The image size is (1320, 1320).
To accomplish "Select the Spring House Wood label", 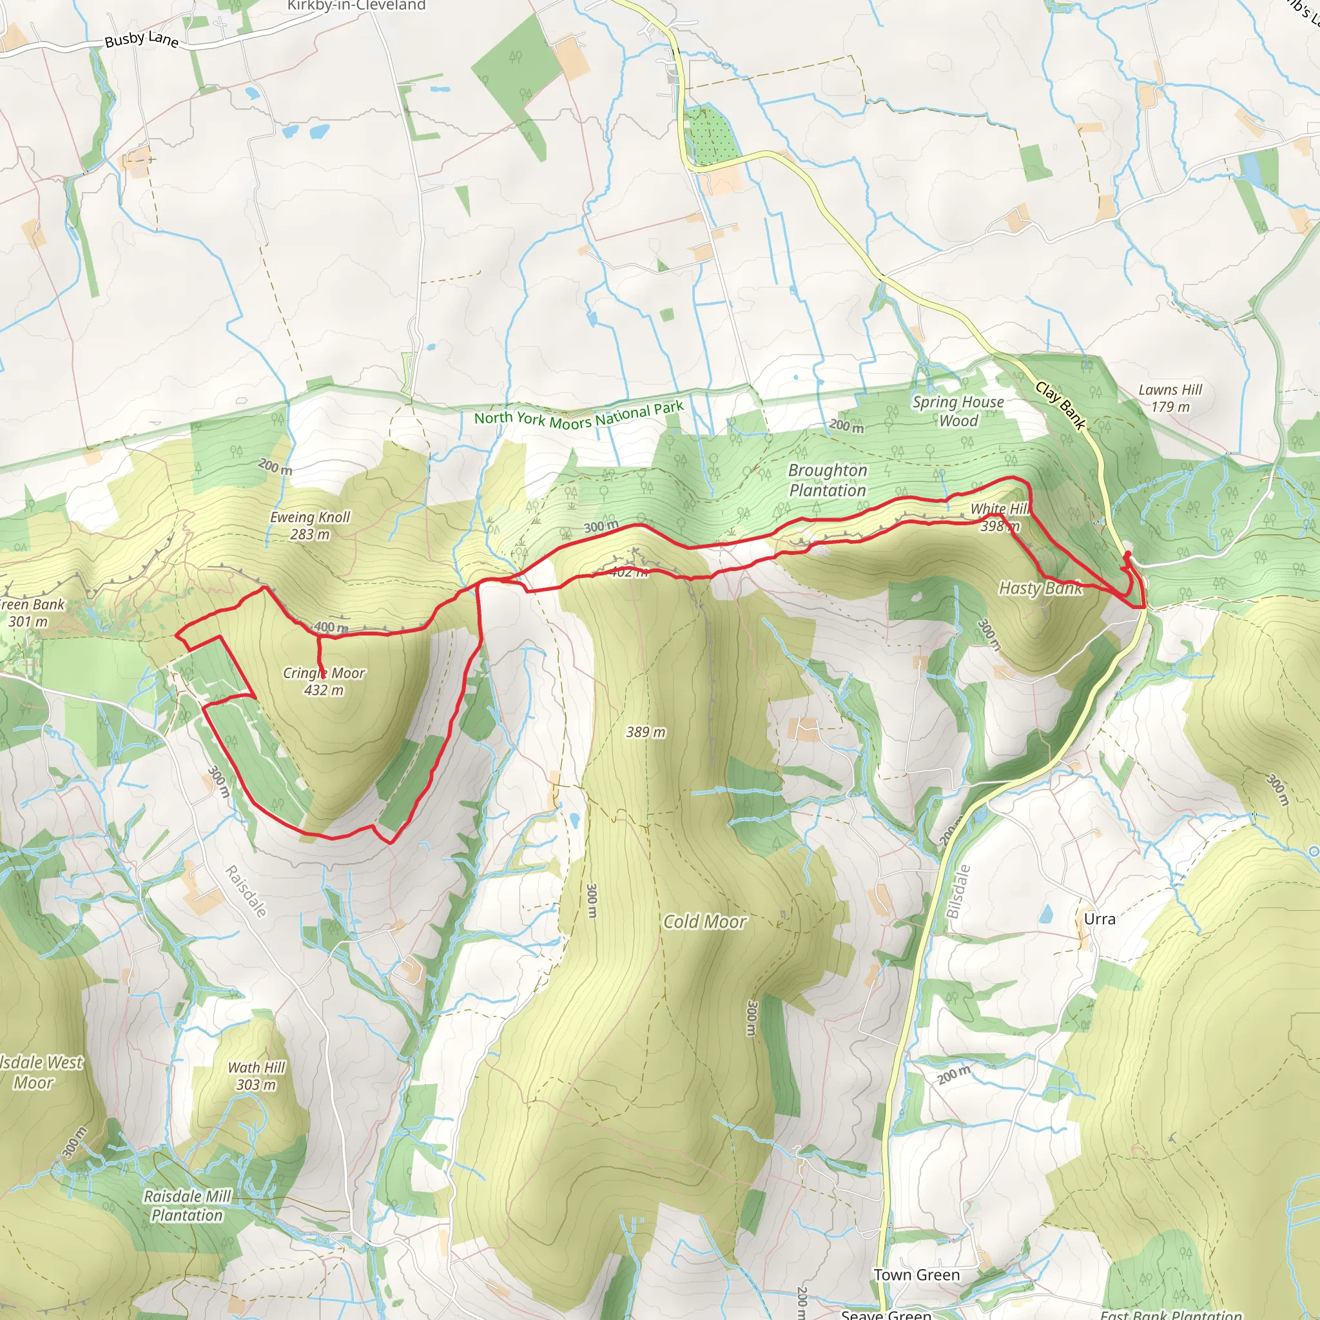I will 958,411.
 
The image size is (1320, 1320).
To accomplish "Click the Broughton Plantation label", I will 828,480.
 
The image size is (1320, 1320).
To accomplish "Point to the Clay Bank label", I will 1060,406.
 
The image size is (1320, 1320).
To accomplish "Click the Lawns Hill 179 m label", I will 1170,398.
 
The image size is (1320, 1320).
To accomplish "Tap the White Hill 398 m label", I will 1000,517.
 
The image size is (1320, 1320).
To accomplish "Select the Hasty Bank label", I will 1040,588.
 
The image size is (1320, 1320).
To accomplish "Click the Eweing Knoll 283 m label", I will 309,525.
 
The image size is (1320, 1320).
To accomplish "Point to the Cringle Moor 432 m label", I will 324,681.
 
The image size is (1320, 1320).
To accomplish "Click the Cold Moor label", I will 704,922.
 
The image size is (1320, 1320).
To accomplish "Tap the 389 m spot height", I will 645,732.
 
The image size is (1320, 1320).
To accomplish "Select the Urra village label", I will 1100,919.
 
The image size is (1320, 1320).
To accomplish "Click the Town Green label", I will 917,1275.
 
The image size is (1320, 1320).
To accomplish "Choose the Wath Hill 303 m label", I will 257,1076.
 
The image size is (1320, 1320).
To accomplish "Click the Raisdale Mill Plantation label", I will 187,1206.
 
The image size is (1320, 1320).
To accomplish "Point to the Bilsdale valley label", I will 958,891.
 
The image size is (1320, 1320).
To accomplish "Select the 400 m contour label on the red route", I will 331,627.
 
